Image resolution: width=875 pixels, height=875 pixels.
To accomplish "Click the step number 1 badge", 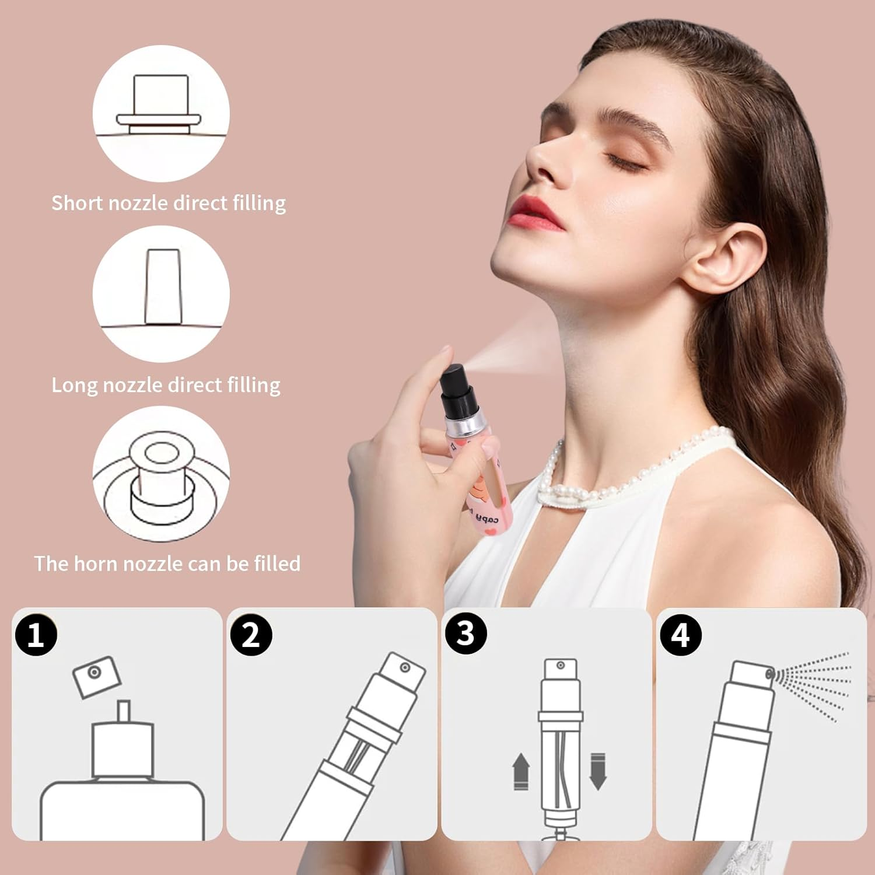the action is click(x=36, y=634).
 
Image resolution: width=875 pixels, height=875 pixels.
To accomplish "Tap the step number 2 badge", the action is click(x=251, y=634).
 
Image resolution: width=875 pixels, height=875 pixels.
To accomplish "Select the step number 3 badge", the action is click(x=466, y=633).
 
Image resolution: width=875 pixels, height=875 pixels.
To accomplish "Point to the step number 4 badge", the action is click(x=680, y=634).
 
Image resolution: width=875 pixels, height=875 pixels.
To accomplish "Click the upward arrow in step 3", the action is click(x=520, y=771).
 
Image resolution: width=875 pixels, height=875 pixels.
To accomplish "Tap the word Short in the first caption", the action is click(x=77, y=203).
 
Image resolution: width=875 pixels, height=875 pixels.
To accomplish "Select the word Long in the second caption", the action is click(x=74, y=386).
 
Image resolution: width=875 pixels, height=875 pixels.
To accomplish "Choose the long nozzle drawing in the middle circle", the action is click(x=163, y=286).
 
